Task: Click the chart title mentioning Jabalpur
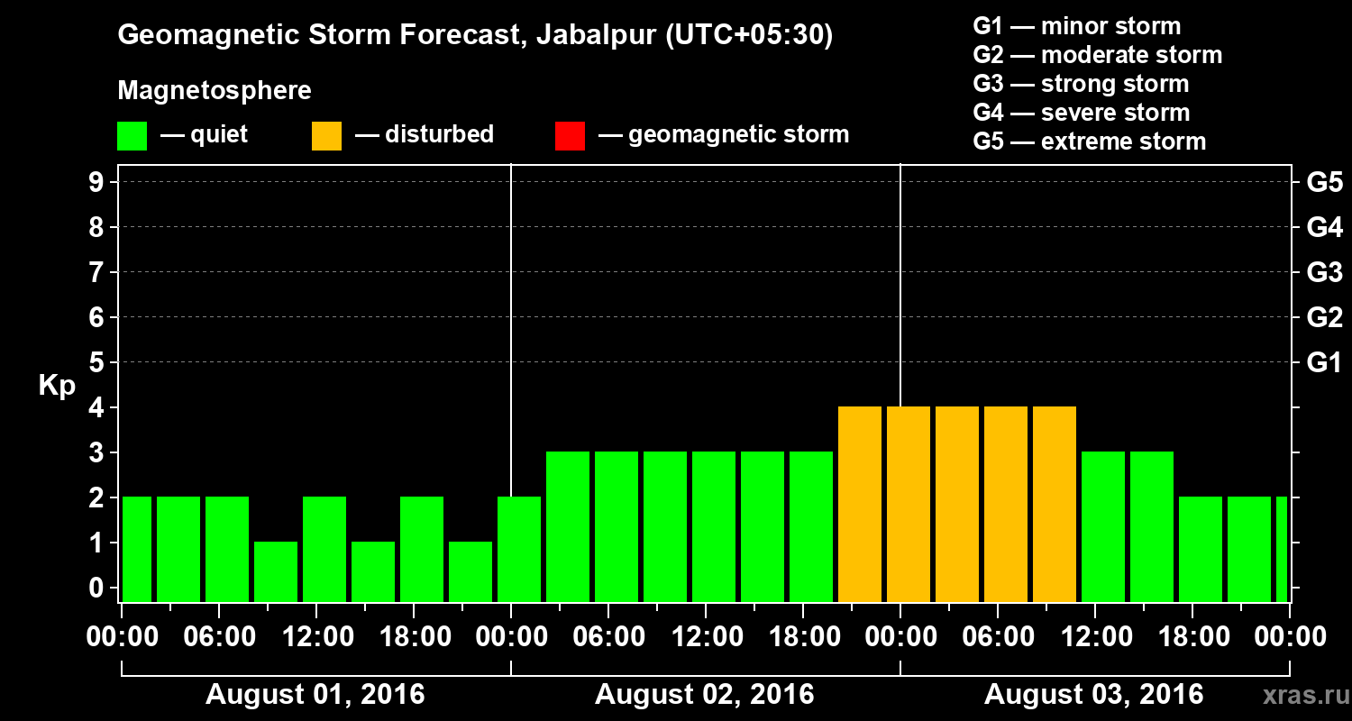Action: click(x=475, y=35)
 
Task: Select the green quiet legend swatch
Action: click(x=132, y=136)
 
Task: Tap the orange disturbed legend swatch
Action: click(x=326, y=136)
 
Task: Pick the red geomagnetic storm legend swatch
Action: click(x=570, y=136)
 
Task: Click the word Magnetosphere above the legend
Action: click(x=215, y=91)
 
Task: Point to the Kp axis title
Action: click(x=57, y=385)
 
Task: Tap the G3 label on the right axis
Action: click(x=1324, y=272)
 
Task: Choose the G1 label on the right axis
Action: click(x=1324, y=363)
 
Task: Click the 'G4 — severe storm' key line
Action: click(x=1081, y=113)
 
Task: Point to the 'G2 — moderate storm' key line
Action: click(x=1097, y=55)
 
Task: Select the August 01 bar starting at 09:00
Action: click(x=276, y=571)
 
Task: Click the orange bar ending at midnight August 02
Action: click(x=860, y=504)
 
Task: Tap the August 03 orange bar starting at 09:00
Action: click(x=1055, y=504)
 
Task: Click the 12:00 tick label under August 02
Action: click(x=706, y=637)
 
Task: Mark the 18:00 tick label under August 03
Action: click(x=1192, y=637)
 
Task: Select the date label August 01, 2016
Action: click(x=315, y=695)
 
